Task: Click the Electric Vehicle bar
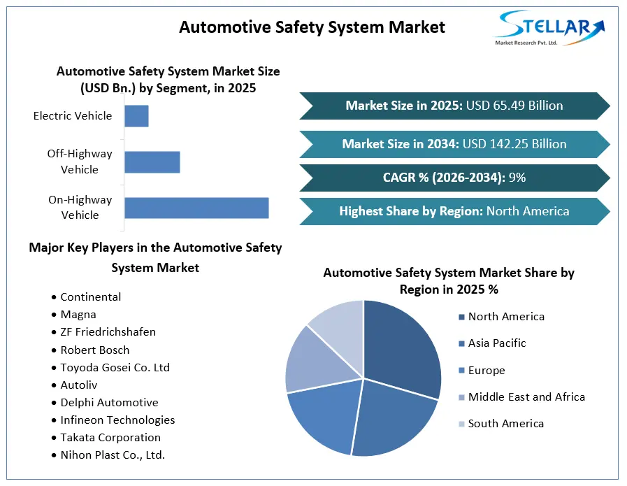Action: pos(136,116)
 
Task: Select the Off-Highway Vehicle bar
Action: pos(152,162)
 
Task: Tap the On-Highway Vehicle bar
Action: pos(196,208)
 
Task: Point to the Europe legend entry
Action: pos(482,371)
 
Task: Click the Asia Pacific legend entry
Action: pos(492,343)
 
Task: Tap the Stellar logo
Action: pos(550,27)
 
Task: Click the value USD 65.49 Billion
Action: pos(514,106)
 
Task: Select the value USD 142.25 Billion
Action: pos(514,144)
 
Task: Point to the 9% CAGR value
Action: pos(517,178)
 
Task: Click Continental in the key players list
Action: pos(91,296)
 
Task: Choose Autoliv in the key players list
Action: pos(79,385)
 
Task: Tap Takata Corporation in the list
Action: pos(110,438)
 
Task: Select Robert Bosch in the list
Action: pos(95,350)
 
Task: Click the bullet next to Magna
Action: pos(54,315)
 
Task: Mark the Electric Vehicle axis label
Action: pos(73,116)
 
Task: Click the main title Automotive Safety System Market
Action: pos(312,27)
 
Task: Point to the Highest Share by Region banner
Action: pos(454,211)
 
